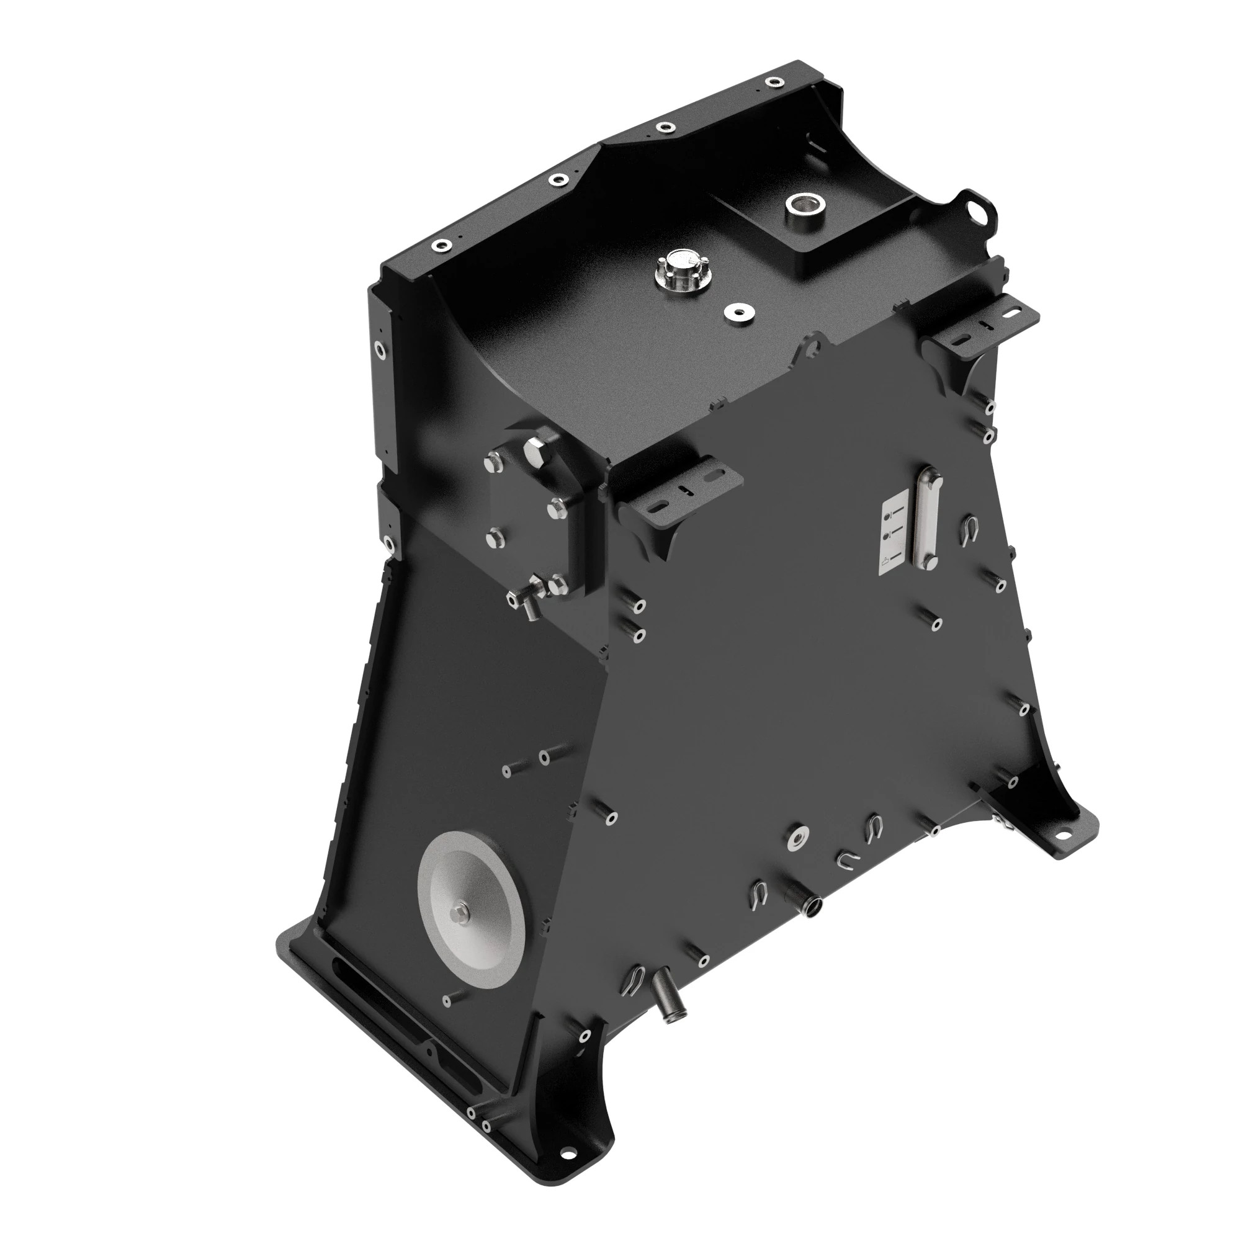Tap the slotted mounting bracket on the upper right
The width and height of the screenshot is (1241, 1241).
tap(982, 323)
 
